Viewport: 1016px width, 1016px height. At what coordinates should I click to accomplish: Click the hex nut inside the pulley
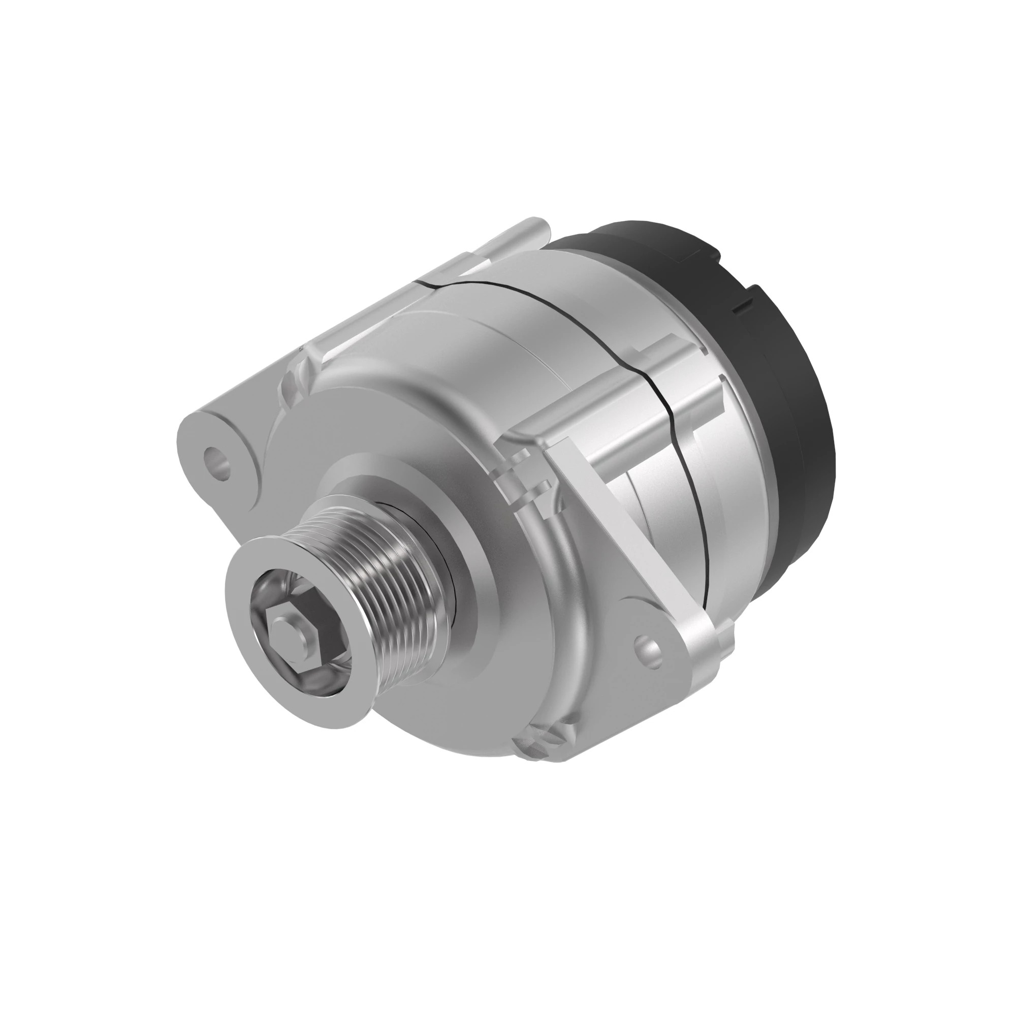click(x=288, y=633)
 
